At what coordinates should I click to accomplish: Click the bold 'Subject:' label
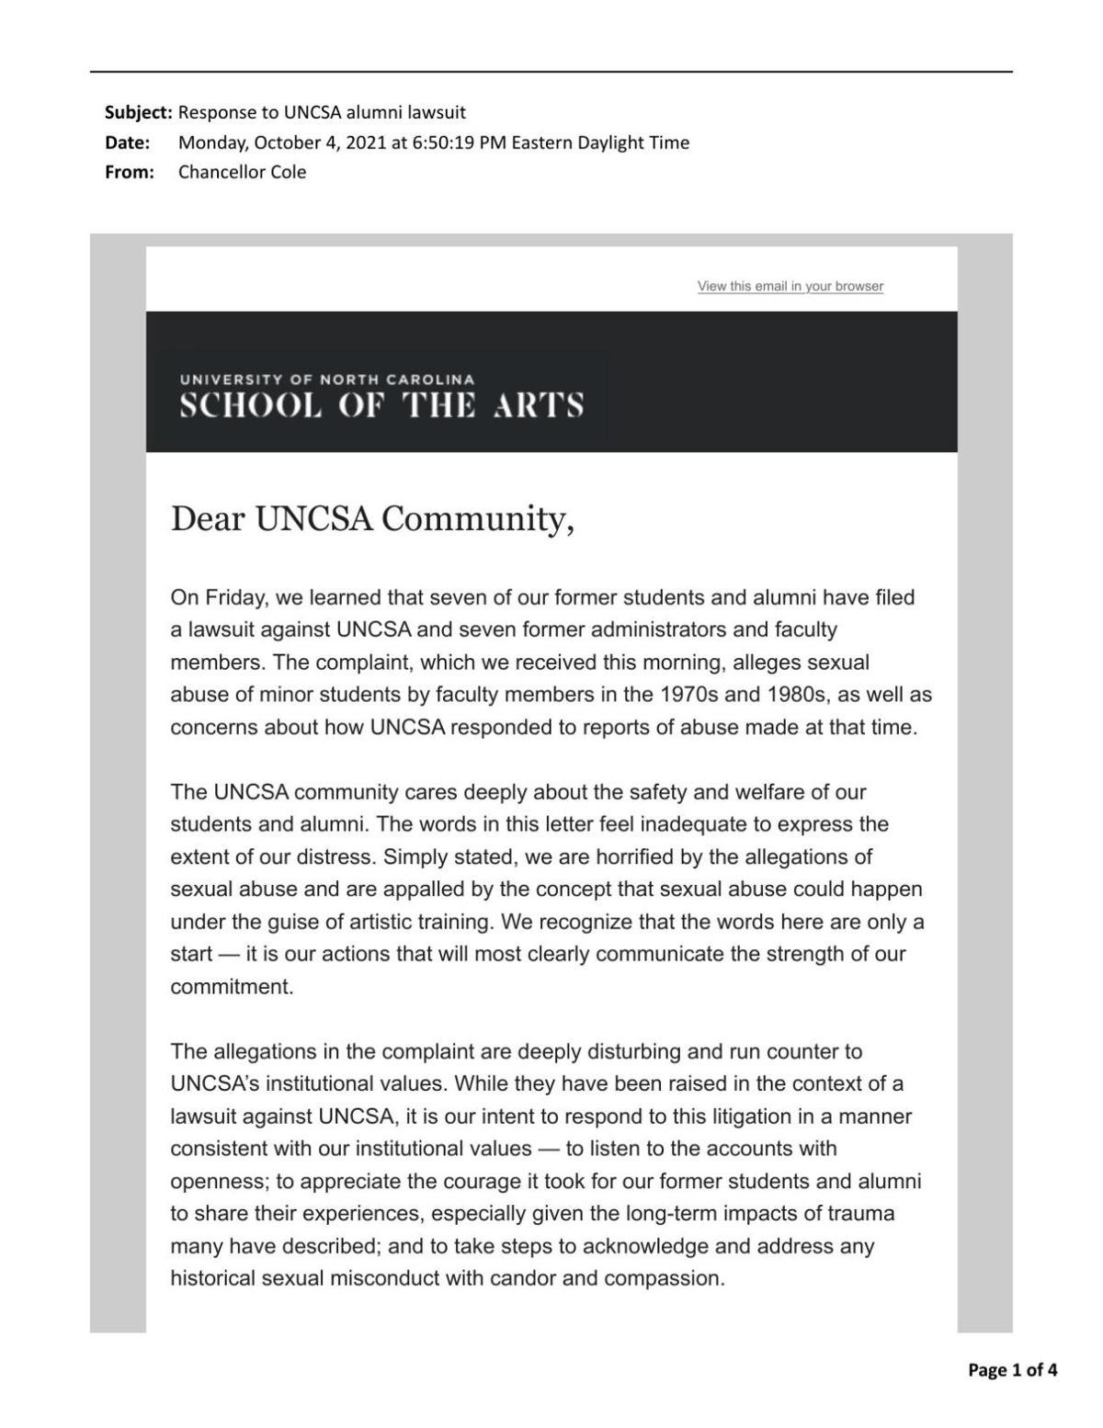point(138,113)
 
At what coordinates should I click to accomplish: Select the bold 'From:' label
point(130,172)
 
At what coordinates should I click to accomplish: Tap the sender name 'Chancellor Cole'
point(242,172)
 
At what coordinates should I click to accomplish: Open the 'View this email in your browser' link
point(790,286)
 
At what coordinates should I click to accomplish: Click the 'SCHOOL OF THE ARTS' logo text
point(381,405)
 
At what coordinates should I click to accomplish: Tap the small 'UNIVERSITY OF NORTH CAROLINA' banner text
point(327,380)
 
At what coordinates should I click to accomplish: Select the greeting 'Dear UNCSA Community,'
point(372,519)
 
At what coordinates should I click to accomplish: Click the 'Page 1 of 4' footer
point(1012,1370)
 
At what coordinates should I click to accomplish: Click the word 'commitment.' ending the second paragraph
point(232,987)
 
